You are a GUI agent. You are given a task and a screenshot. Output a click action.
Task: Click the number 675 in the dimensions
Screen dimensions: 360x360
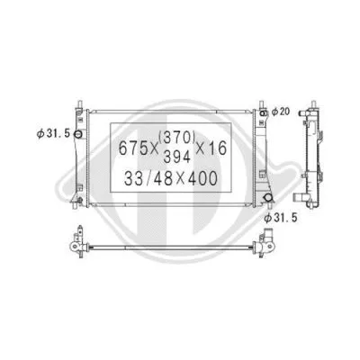click(x=133, y=148)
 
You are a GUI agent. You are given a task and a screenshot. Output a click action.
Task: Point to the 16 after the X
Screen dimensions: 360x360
click(x=236, y=148)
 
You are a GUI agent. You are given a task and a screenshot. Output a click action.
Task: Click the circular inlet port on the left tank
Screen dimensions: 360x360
click(x=78, y=135)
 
